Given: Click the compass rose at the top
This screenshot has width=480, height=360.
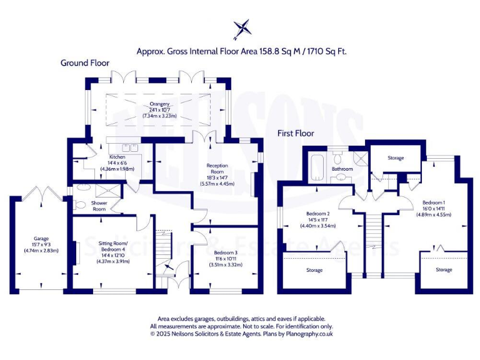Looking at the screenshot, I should pos(242,29).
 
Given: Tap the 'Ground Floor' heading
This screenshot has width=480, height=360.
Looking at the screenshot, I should pos(85,62).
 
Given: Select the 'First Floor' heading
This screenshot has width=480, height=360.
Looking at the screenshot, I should pos(296,133).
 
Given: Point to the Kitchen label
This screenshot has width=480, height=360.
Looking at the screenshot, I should pos(118,157).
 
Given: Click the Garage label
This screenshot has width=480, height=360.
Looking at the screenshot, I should pos(41,238).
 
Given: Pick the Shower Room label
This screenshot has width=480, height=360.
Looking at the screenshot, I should pos(100,206).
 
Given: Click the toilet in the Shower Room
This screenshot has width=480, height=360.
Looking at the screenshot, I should pos(79,204).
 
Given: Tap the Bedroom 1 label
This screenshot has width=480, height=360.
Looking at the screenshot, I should pos(434,203).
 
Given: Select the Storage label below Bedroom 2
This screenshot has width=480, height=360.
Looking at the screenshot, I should pos(314,270).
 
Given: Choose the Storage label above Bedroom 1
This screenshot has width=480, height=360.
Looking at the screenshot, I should pos(396,158).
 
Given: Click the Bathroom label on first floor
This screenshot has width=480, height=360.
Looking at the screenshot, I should pos(342,169).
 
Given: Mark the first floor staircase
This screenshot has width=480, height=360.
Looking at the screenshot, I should pos(373,244).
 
